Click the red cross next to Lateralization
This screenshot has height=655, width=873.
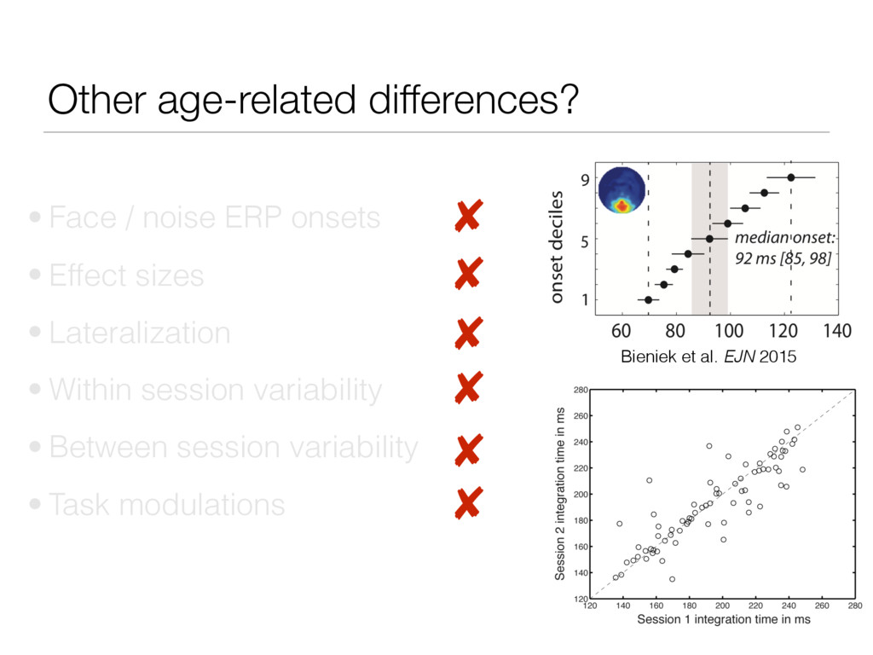[x=466, y=333]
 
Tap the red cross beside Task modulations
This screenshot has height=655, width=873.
[x=466, y=504]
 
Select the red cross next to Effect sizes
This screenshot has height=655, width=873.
[x=466, y=275]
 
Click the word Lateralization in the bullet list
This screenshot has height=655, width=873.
[x=139, y=333]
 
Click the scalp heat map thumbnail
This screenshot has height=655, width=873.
[x=622, y=190]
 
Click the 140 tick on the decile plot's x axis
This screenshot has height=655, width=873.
[x=838, y=330]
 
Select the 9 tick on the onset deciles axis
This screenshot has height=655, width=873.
[x=584, y=179]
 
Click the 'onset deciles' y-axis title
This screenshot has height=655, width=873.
[x=557, y=247]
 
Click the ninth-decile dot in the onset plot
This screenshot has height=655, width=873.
[x=791, y=177]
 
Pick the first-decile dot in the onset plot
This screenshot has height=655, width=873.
[x=648, y=299]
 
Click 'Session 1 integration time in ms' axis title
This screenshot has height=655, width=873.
[x=723, y=620]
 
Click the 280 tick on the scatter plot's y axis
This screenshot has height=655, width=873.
[x=579, y=390]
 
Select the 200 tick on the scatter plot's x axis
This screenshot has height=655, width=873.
[x=722, y=606]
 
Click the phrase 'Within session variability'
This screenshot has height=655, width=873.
[x=215, y=390]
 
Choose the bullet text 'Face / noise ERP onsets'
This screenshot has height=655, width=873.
[x=214, y=218]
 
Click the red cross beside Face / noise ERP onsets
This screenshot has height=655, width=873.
[x=466, y=217]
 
